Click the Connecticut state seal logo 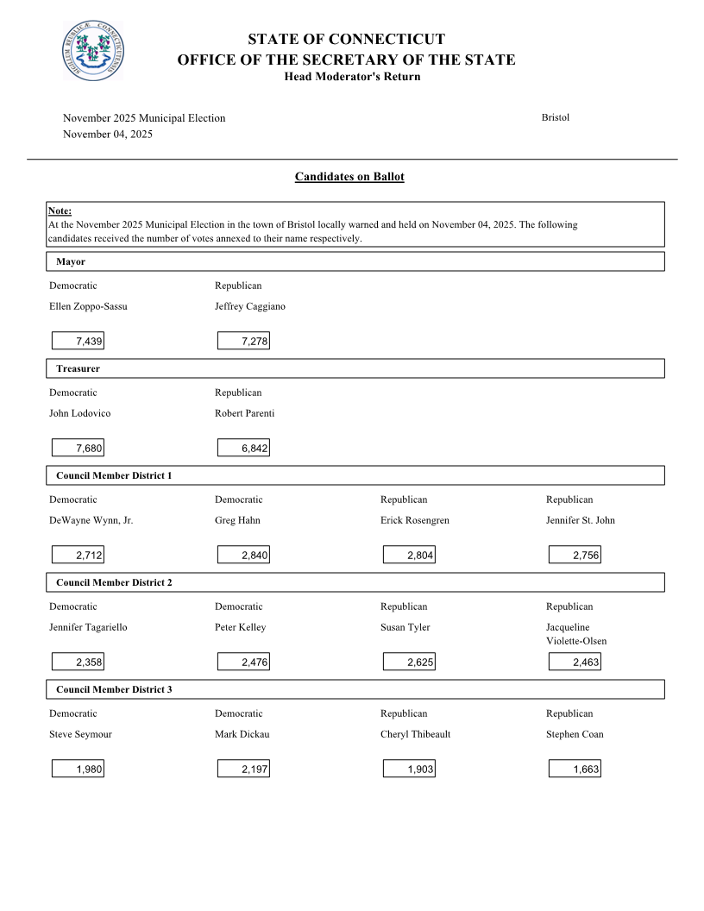click(93, 51)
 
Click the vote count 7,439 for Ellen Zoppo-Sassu click(78, 342)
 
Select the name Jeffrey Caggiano click(250, 306)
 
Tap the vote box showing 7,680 click(78, 449)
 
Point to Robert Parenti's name click(245, 413)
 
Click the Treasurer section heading click(79, 368)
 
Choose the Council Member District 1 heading click(114, 475)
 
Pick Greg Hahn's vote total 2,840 click(243, 556)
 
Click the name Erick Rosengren click(415, 520)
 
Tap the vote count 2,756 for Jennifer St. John click(575, 556)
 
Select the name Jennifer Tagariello click(88, 627)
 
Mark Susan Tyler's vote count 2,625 click(409, 663)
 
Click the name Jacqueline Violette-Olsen click(576, 634)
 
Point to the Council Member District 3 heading click(114, 689)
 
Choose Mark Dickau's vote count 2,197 click(243, 770)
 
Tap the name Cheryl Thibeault click(416, 734)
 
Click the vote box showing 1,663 click(575, 770)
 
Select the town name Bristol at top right click(556, 117)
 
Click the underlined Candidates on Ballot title click(349, 177)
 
